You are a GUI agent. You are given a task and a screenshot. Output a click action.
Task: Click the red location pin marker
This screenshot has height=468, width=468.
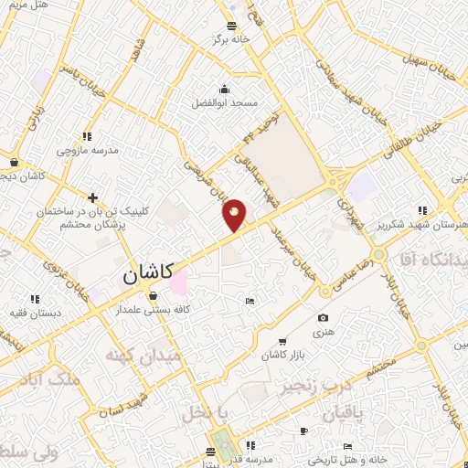[x=235, y=216]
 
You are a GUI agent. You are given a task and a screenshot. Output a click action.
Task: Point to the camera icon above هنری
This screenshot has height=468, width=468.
[x=322, y=318]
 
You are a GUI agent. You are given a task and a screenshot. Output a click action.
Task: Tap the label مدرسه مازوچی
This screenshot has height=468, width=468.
[x=89, y=149]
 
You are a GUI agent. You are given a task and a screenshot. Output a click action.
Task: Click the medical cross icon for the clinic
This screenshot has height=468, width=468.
[x=92, y=197]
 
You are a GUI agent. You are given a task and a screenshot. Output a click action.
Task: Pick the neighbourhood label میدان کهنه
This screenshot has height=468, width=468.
[x=138, y=355]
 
